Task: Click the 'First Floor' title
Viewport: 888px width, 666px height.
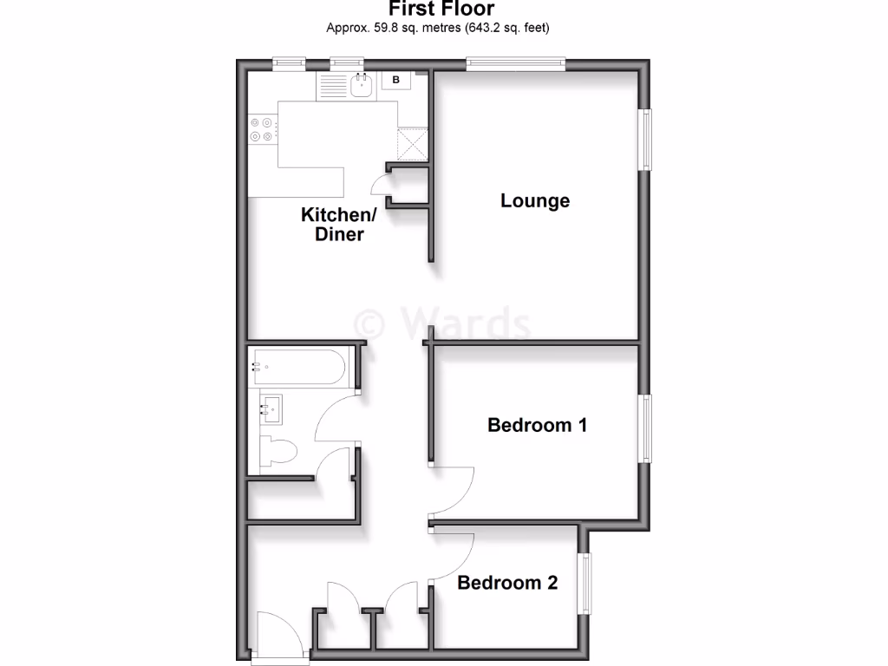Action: tap(441, 10)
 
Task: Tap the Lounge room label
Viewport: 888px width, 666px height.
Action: tap(535, 201)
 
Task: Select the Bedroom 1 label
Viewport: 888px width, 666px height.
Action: tap(537, 425)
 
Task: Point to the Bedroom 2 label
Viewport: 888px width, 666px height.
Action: tap(507, 583)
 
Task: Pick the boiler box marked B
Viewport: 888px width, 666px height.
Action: tap(396, 81)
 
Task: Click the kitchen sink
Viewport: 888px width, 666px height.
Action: tap(362, 84)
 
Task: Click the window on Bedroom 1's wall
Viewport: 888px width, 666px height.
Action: tap(646, 428)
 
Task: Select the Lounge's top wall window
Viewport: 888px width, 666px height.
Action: tap(515, 62)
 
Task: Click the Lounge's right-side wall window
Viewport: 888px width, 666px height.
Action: tap(646, 139)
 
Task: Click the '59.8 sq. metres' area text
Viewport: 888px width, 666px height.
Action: tap(400, 28)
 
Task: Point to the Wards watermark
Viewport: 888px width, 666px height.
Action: tap(443, 323)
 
